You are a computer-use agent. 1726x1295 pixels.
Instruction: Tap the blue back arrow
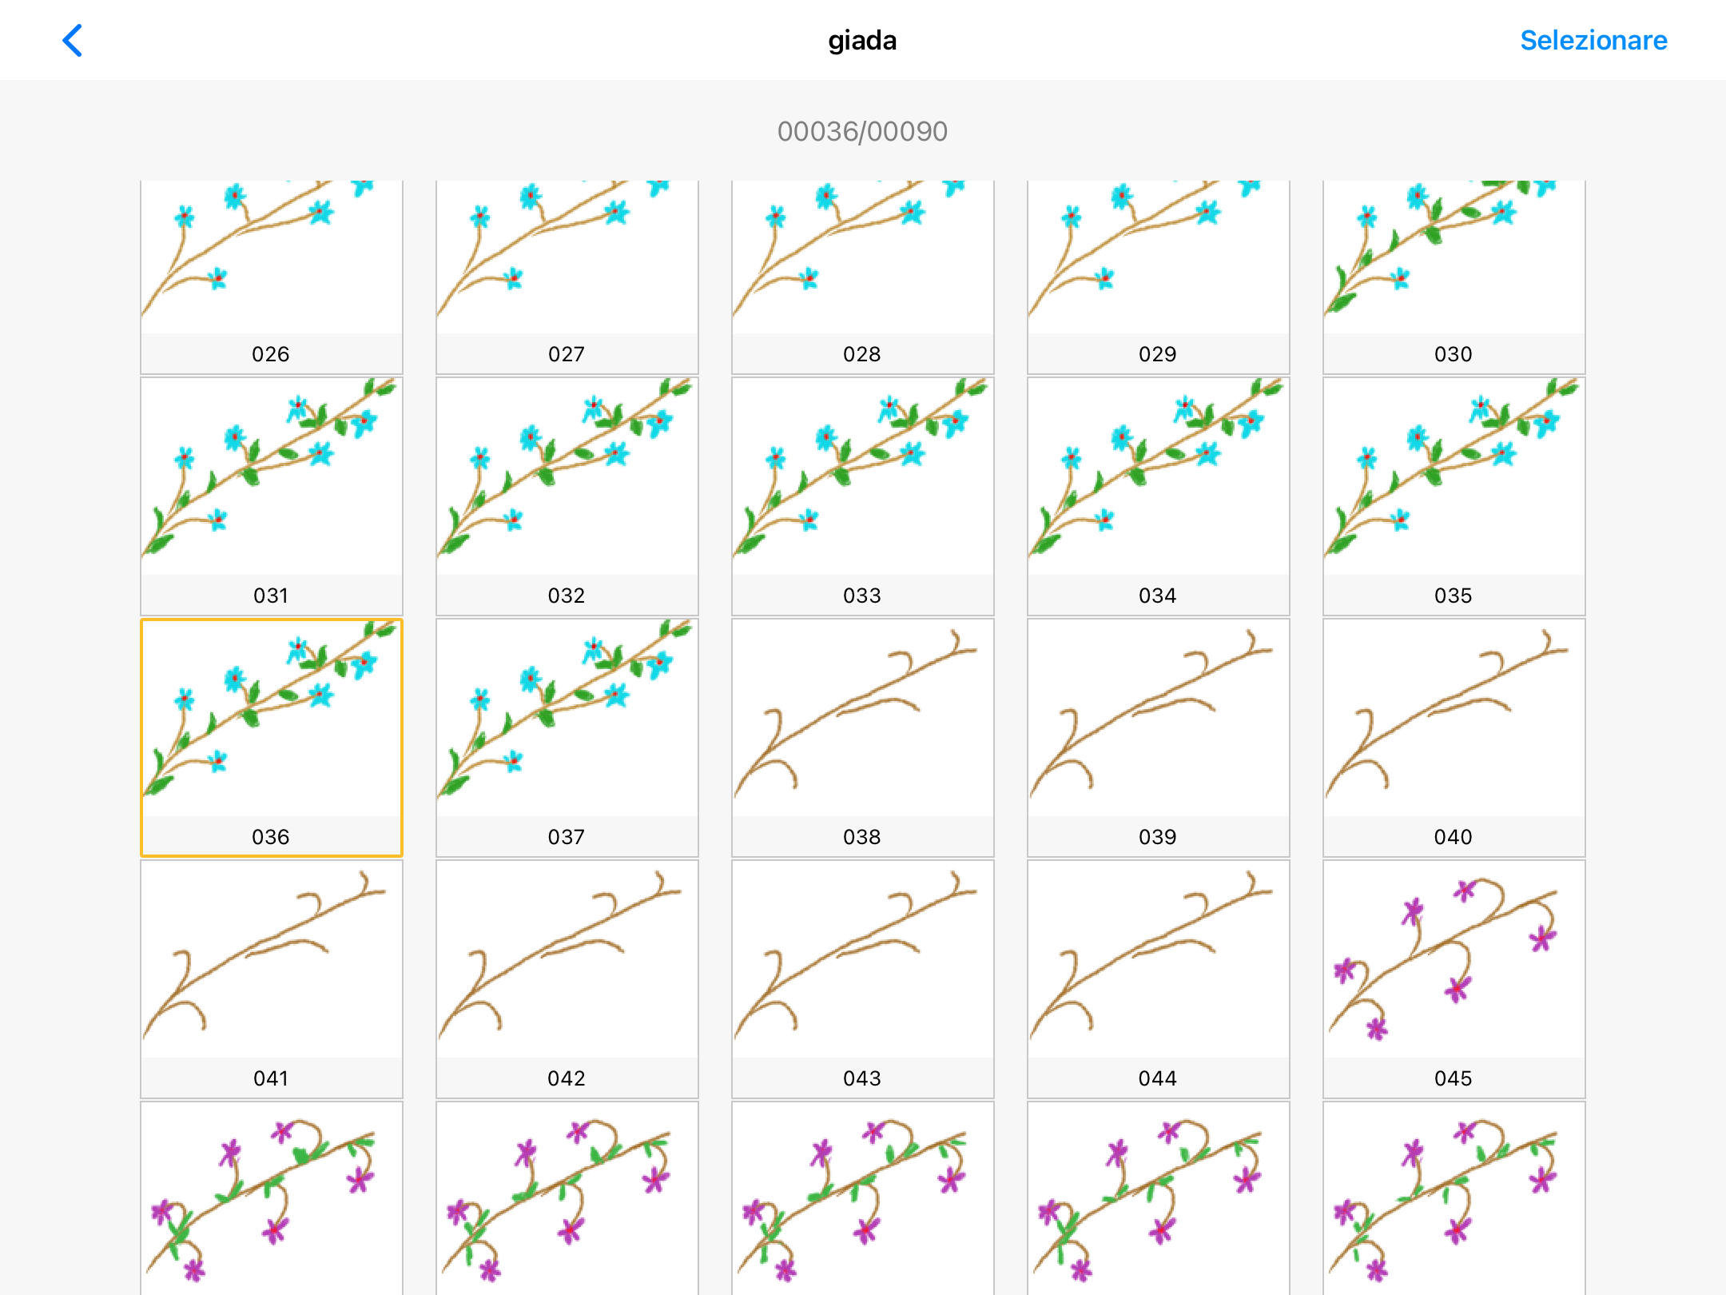(73, 41)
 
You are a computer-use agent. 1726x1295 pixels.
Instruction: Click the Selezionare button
(1593, 41)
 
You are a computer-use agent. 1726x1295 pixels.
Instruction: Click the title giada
(862, 41)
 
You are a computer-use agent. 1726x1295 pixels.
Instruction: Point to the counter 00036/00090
(862, 131)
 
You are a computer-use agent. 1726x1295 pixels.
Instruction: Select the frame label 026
(271, 354)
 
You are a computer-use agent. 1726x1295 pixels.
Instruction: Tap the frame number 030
(1453, 354)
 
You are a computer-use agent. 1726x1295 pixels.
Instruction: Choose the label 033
(862, 596)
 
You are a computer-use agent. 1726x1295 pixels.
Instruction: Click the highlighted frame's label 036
(271, 837)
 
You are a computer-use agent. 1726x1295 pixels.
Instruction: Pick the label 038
(862, 837)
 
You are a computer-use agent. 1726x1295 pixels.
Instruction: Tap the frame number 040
(1453, 837)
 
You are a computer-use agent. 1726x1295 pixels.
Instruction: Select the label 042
(567, 1078)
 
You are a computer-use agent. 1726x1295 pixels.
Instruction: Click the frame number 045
(1453, 1078)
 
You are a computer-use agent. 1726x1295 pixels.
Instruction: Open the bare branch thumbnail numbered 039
(1158, 718)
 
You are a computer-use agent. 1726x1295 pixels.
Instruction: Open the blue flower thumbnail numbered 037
(567, 718)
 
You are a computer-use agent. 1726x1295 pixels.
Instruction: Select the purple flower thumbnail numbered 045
(1454, 959)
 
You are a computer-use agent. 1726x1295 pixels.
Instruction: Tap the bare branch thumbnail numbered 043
(862, 959)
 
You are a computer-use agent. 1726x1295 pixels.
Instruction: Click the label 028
(862, 354)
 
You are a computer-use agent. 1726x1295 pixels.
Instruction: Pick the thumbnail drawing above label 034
(1158, 476)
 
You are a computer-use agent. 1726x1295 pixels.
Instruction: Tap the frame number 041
(271, 1078)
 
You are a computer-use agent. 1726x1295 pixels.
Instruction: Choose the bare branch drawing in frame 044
(1158, 959)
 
